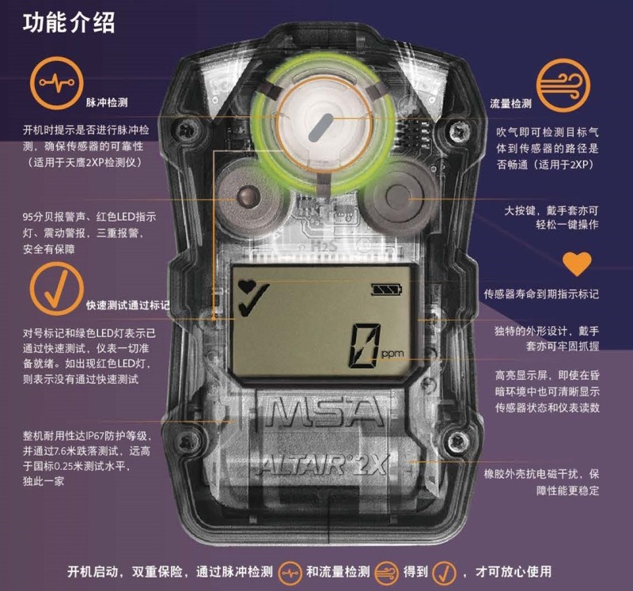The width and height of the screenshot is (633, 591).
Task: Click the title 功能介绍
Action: tap(70, 23)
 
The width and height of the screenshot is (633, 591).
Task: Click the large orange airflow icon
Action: tap(562, 83)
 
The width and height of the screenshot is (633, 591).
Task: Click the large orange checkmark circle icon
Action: tap(55, 288)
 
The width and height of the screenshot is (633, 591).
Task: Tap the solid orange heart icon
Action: tap(578, 264)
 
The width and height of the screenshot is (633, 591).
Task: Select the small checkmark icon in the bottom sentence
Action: tap(445, 571)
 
